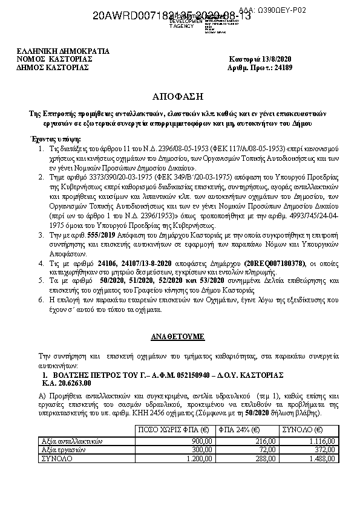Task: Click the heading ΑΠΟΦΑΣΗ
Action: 179,96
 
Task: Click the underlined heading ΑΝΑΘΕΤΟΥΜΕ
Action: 179,335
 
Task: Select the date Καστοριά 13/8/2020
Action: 261,59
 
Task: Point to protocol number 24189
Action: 281,67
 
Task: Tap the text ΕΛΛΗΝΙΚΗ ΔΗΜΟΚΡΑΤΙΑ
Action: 64,51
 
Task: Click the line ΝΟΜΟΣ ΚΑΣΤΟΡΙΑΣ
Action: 55,59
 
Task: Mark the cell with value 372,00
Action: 327,450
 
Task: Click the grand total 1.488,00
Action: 324,459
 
